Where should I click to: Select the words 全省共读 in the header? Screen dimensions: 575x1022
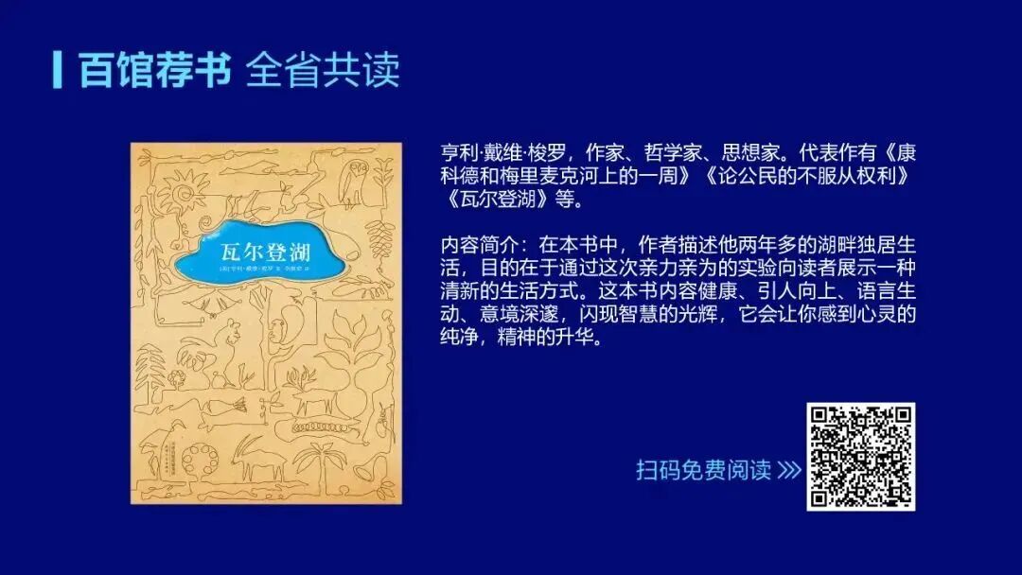pyautogui.click(x=323, y=70)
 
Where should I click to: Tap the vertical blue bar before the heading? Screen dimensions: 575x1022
pyautogui.click(x=59, y=70)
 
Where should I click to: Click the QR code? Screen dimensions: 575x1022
pyautogui.click(x=860, y=457)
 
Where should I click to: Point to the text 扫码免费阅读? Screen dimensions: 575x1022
pyautogui.click(x=703, y=470)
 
